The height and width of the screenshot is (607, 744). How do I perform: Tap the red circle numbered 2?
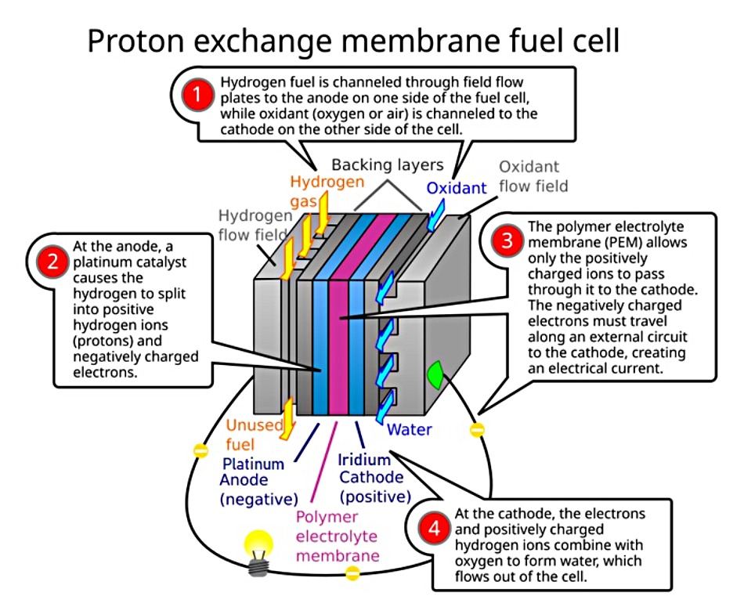tap(53, 262)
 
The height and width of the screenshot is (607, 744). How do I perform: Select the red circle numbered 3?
tap(507, 241)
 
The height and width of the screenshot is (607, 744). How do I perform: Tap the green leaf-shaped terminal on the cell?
tap(435, 375)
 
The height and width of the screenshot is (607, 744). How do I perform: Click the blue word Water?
tap(409, 430)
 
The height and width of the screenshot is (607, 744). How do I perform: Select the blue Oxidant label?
tap(457, 188)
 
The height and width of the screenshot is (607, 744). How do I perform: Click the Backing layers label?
tap(387, 165)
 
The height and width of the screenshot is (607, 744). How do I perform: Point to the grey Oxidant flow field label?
tap(533, 176)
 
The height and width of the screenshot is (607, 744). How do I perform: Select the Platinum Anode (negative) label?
tap(258, 480)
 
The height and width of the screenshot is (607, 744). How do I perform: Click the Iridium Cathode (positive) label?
tap(375, 478)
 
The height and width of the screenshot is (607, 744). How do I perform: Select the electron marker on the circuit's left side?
tap(200, 452)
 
